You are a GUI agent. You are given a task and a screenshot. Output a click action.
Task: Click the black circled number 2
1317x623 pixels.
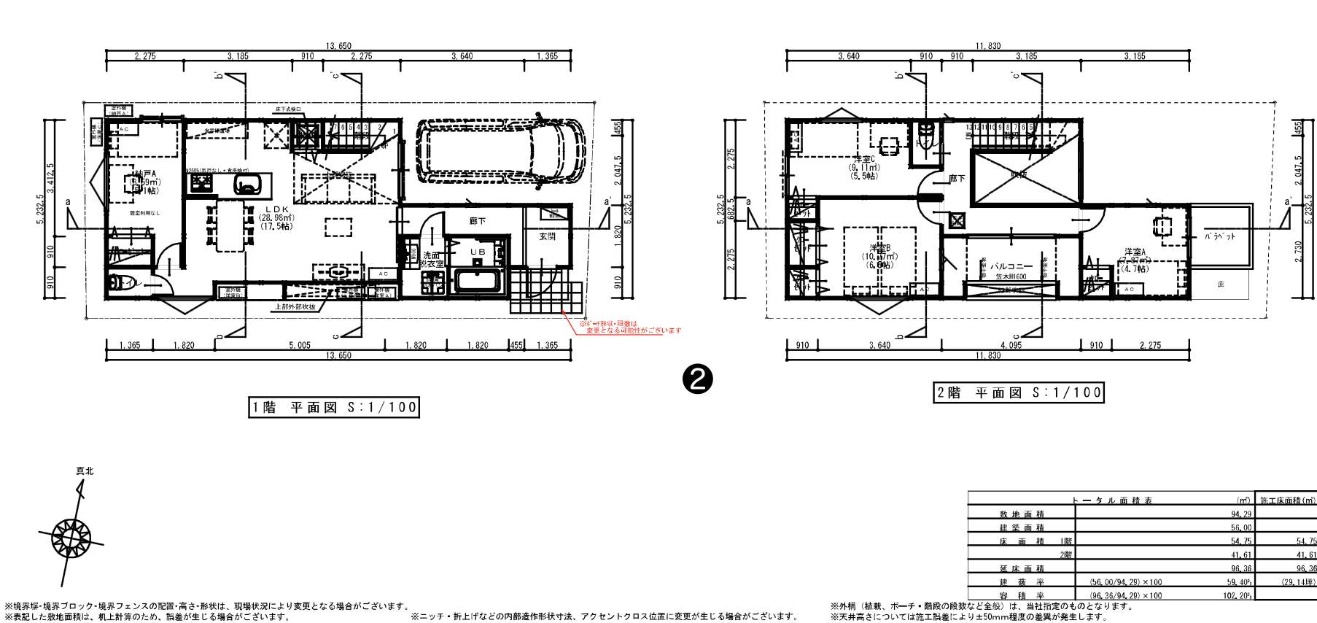click(696, 379)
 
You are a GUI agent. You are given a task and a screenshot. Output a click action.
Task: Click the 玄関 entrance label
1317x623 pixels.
click(548, 236)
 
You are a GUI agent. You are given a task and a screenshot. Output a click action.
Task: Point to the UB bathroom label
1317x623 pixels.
click(477, 252)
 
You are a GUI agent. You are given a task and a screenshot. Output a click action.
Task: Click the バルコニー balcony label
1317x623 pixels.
click(1011, 267)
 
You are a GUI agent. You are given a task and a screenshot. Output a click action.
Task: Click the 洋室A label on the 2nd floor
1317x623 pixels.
click(1135, 252)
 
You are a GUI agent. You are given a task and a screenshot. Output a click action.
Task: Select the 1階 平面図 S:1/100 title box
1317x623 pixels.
click(334, 407)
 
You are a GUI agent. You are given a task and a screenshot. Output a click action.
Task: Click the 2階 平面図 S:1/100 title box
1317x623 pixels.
click(1019, 392)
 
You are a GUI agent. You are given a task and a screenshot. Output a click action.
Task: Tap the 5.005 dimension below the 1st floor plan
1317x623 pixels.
click(299, 345)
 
